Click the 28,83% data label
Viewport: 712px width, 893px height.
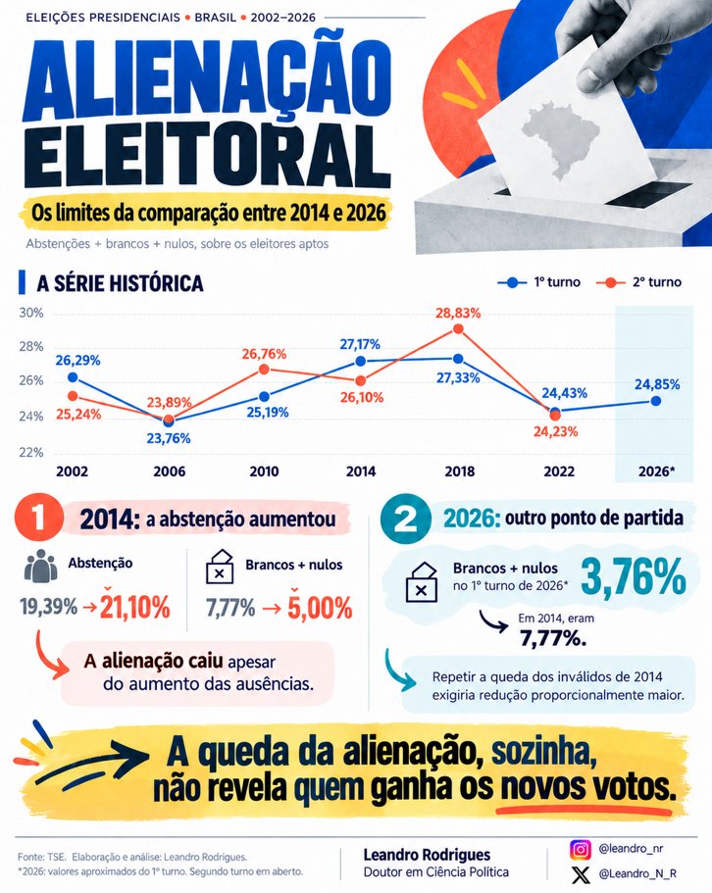point(458,314)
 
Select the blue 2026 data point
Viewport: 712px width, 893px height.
point(656,401)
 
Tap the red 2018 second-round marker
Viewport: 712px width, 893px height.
point(458,329)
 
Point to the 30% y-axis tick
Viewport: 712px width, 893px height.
point(31,313)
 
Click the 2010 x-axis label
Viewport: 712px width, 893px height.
point(264,471)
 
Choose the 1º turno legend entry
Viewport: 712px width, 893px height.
point(538,282)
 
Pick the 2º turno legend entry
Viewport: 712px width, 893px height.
point(638,282)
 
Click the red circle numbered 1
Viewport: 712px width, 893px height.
point(38,518)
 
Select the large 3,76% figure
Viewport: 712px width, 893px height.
point(634,577)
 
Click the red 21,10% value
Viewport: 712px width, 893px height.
point(135,606)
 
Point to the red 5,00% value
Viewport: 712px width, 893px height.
point(320,607)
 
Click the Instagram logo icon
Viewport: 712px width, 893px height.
point(581,849)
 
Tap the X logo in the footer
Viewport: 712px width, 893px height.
point(581,874)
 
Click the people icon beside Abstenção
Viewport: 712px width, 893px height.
point(40,566)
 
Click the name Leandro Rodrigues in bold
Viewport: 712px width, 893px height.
point(427,854)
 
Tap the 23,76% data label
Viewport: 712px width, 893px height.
point(169,438)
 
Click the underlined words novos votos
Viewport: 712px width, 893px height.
point(585,788)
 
